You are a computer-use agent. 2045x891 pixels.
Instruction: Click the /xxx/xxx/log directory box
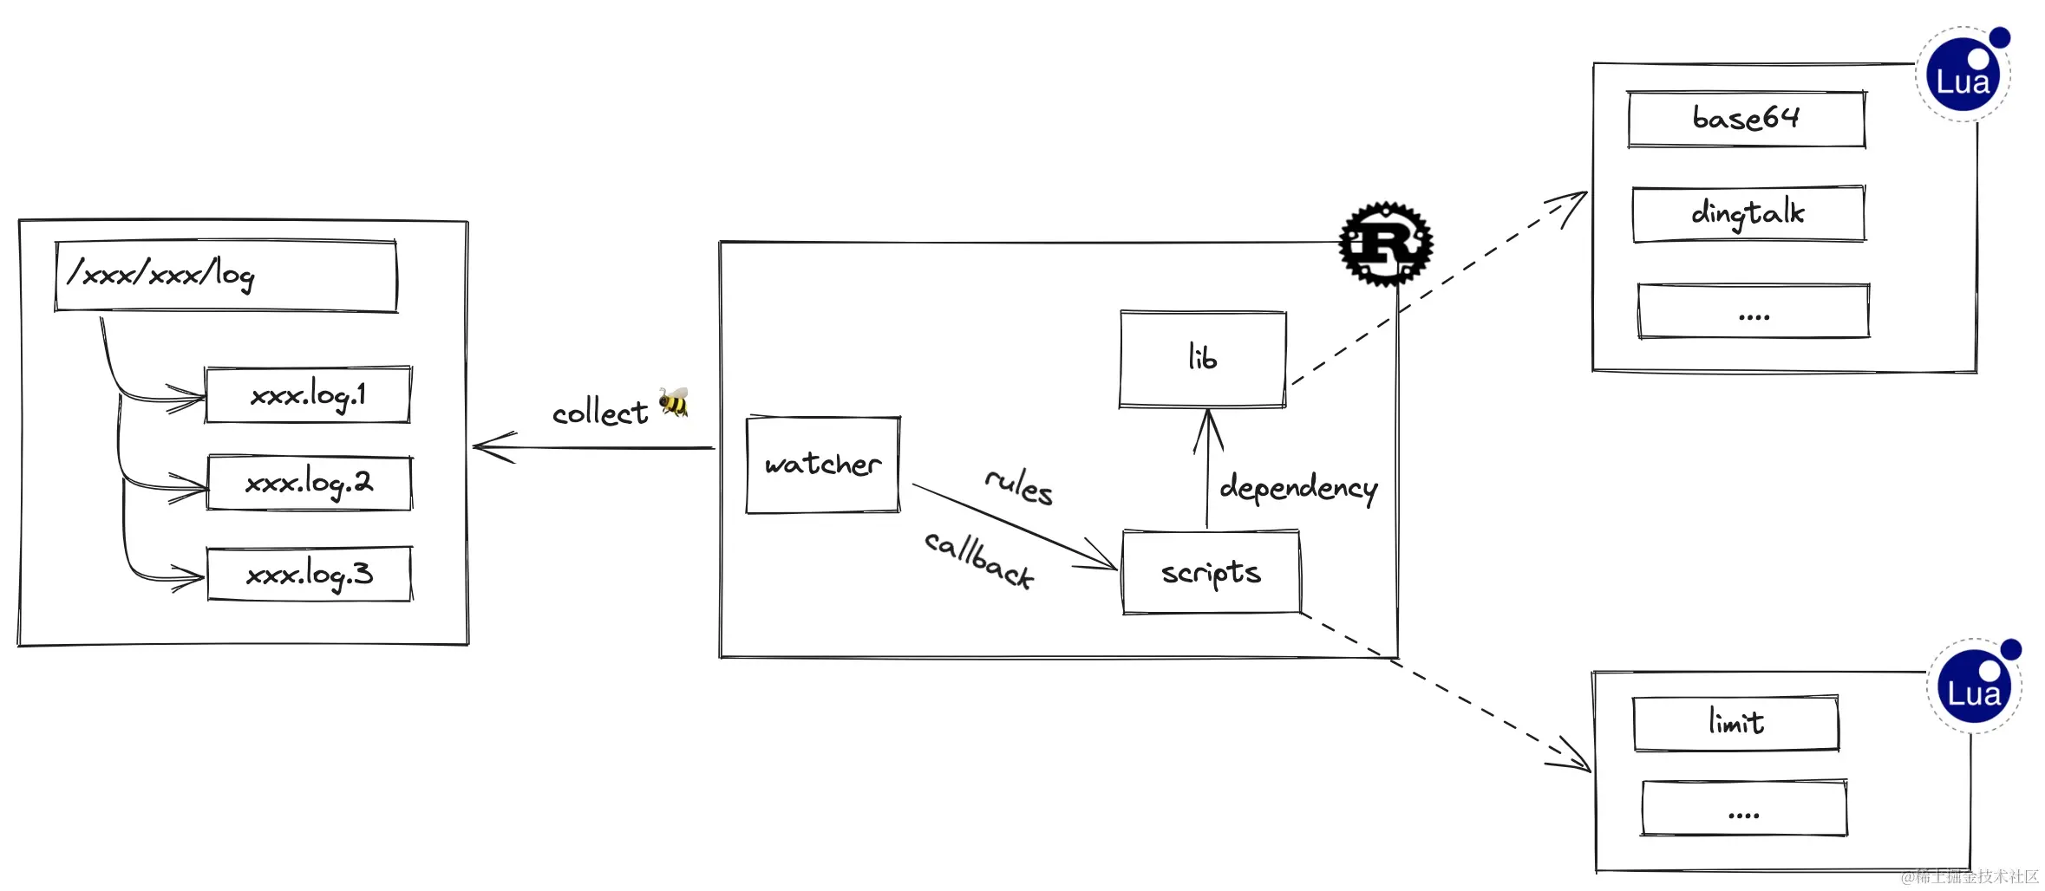225,276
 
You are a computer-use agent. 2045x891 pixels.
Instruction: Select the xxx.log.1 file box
308,395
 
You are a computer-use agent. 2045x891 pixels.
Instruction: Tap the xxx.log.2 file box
309,483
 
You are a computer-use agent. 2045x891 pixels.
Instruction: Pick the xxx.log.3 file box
309,574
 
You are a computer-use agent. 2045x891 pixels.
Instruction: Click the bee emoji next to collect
673,402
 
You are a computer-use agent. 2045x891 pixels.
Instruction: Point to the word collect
599,413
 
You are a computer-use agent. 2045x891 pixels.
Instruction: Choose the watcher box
823,465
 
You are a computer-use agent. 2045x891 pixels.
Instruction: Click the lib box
1203,359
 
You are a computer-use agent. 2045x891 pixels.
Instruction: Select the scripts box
1211,573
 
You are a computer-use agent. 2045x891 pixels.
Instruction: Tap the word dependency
1298,488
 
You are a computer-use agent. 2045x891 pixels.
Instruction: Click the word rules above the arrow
1019,485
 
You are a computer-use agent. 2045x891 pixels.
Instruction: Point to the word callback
978,560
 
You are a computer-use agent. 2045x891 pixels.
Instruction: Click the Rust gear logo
1385,244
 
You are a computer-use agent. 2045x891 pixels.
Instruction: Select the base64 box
1746,119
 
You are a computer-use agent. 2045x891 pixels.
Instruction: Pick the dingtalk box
1748,213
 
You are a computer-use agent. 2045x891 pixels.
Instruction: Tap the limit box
1735,723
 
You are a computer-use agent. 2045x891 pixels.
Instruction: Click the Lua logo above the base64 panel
1963,75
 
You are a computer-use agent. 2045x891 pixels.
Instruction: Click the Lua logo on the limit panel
1975,686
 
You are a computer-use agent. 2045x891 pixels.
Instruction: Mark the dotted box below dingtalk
1753,311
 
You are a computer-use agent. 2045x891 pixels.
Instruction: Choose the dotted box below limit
1743,809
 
